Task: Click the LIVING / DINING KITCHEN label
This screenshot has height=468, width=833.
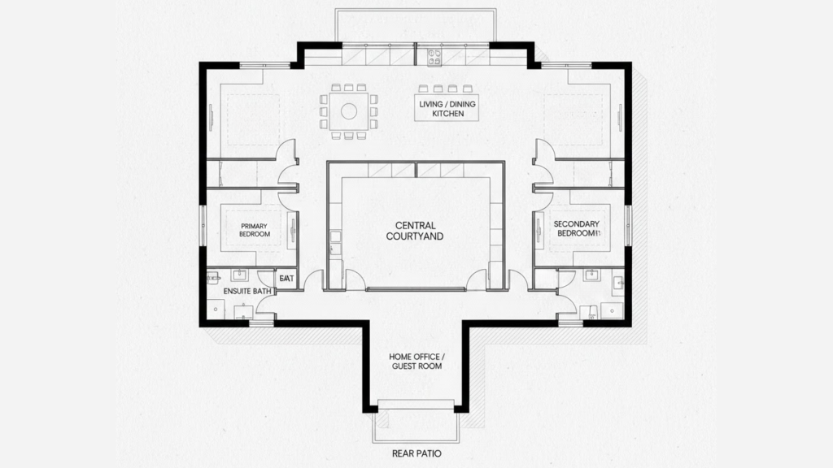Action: [447, 109]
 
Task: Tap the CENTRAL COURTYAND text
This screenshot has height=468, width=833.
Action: [415, 231]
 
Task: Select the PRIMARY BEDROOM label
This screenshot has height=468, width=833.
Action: [255, 230]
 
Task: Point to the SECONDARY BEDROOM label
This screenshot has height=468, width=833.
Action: [576, 228]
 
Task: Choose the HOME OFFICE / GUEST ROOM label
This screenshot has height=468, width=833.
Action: [415, 362]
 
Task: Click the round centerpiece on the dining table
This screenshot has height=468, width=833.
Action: [349, 111]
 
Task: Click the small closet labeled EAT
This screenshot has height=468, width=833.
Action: [286, 279]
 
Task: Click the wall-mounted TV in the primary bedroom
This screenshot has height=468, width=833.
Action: [292, 230]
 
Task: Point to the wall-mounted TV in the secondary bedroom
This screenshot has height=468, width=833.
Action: [539, 230]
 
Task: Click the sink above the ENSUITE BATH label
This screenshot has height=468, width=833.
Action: [241, 275]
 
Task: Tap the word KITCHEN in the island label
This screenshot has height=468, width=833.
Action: [447, 114]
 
